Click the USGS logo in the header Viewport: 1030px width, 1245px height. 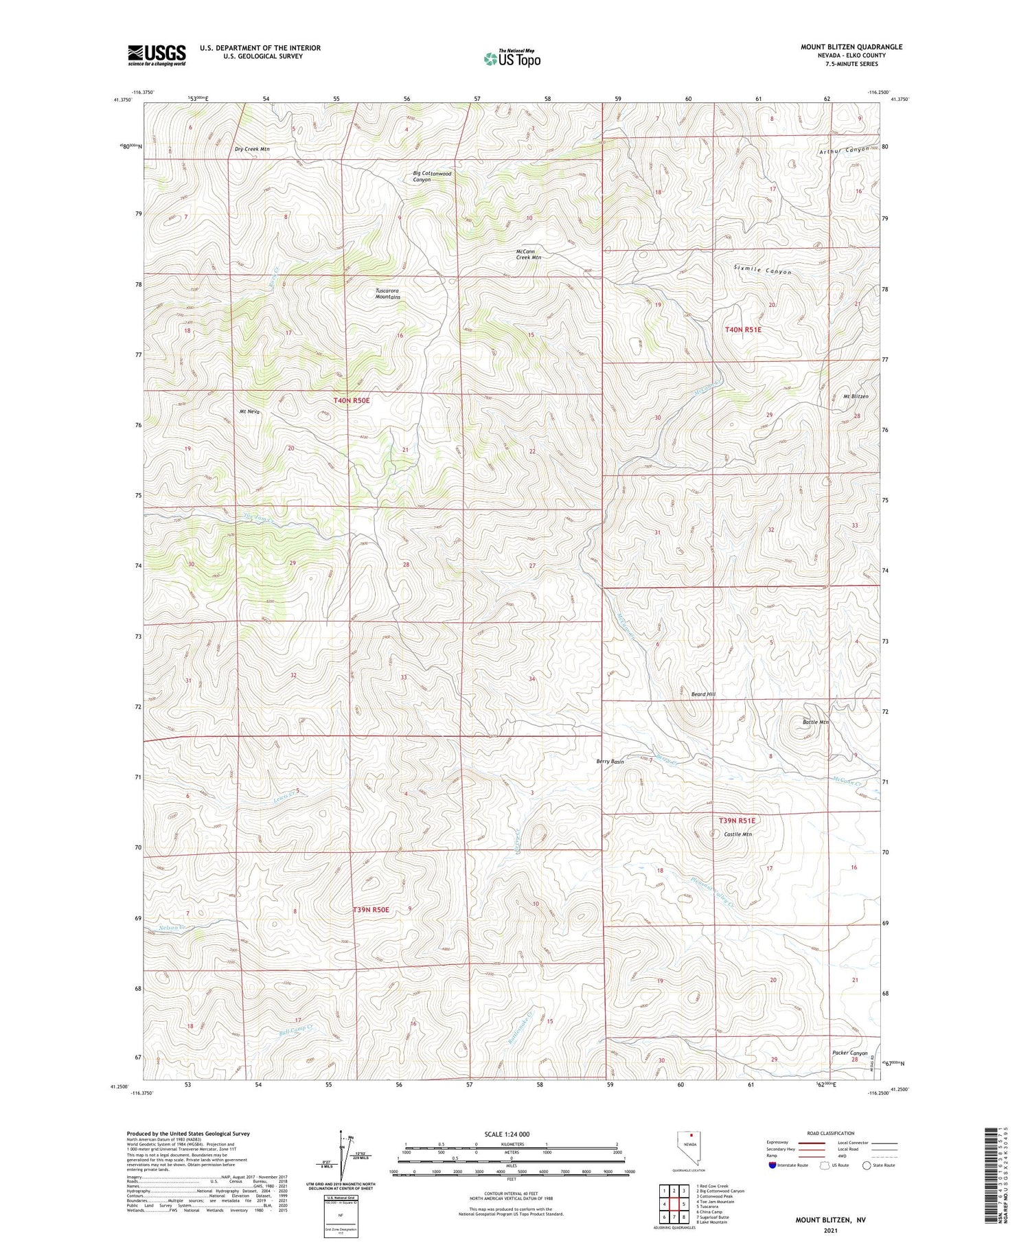[157, 54]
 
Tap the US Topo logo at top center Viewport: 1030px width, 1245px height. [512, 58]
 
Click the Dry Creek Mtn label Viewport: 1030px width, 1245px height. [252, 149]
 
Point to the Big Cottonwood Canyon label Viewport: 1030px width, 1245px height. [432, 176]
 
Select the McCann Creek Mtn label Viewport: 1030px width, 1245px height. [528, 254]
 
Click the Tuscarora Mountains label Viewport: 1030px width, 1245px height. [387, 294]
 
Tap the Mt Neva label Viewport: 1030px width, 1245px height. [249, 412]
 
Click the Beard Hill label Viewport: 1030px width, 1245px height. [702, 695]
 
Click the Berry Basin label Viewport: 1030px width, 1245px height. [610, 762]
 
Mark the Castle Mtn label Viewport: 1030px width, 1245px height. [738, 834]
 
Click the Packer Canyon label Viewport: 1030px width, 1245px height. [849, 1053]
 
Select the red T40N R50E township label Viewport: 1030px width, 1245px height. [352, 400]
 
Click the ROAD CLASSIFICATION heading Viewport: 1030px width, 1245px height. [831, 1134]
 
